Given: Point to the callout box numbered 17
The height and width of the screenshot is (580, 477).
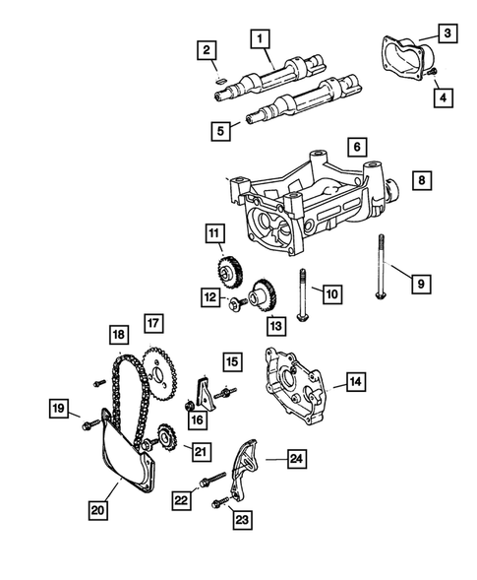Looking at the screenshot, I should [152, 322].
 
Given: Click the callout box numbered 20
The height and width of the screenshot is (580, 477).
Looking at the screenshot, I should [97, 510].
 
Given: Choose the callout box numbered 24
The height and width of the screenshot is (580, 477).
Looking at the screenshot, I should [296, 457].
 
